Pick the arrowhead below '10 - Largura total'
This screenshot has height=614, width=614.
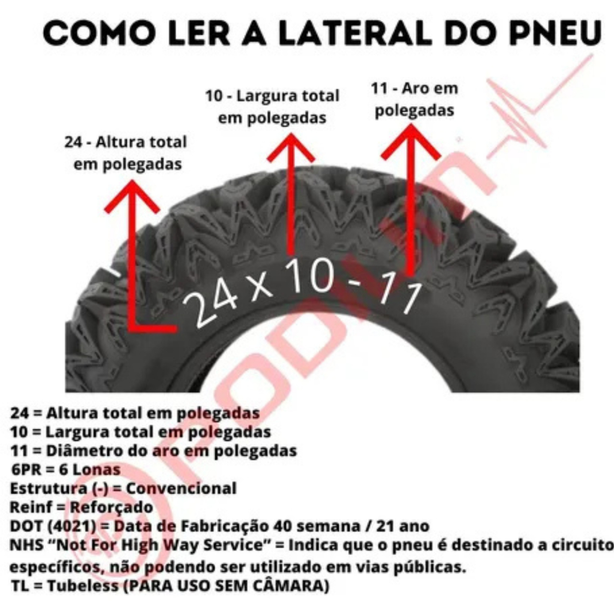coord(291,148)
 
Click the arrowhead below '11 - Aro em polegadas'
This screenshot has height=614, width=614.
coord(410,142)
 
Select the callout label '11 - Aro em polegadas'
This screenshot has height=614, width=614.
coord(414,99)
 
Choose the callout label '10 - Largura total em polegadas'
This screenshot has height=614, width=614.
coord(272,107)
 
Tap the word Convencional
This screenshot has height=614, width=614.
coord(181,488)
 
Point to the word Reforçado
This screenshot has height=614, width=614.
coord(111,507)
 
